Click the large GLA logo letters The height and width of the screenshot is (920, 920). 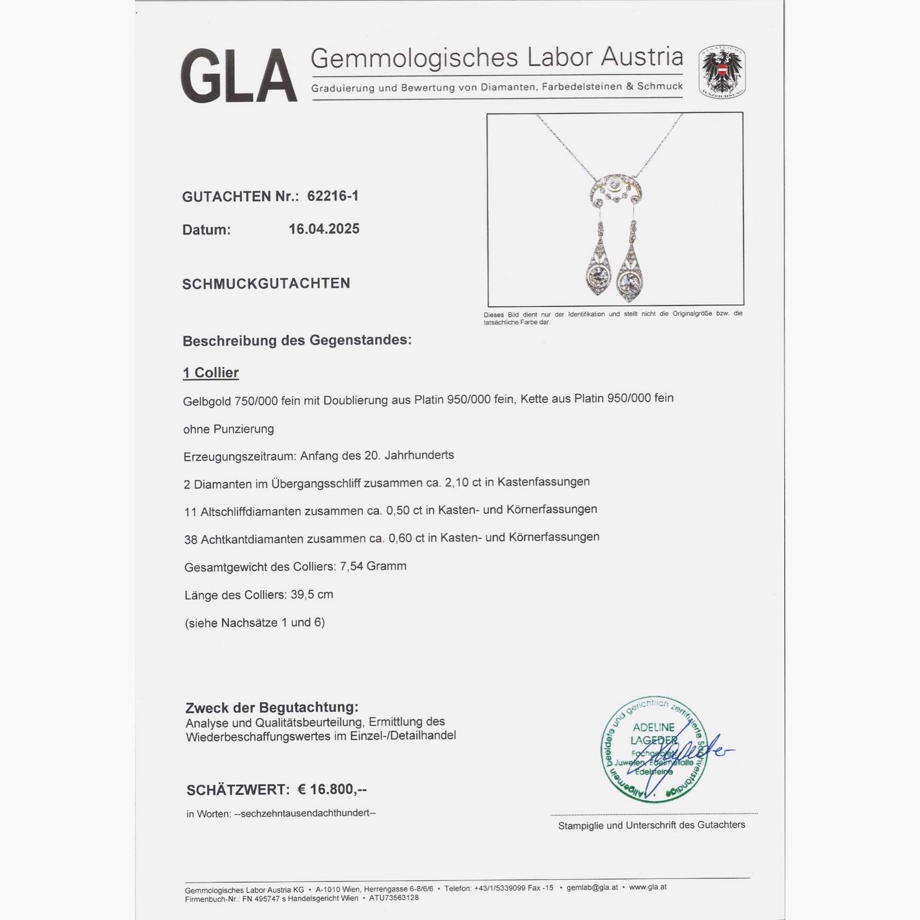pos(238,76)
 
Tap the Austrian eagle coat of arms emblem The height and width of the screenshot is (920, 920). pos(721,72)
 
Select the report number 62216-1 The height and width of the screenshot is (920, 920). pos(333,195)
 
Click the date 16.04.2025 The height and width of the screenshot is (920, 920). pos(324,229)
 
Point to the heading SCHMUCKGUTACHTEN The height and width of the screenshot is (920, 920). pos(266,284)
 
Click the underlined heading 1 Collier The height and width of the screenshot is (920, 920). pos(211,373)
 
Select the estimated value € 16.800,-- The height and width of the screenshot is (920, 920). pos(332,789)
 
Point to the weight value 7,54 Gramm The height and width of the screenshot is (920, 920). pos(373,567)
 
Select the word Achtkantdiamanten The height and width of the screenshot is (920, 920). pos(252,540)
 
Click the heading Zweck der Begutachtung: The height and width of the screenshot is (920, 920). pos(272,707)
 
